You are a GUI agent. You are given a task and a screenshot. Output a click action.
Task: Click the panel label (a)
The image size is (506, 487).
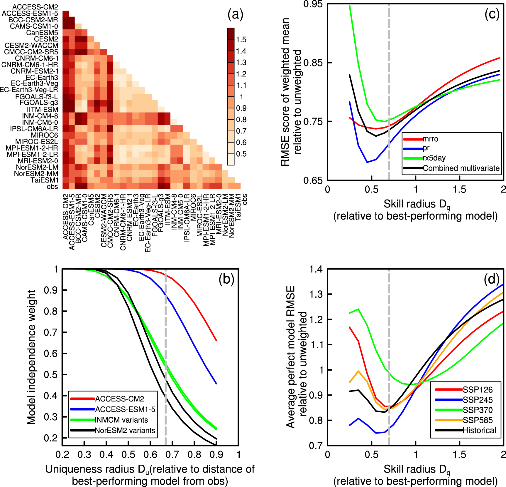click(235, 14)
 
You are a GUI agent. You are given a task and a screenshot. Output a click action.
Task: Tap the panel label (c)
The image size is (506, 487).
click(492, 14)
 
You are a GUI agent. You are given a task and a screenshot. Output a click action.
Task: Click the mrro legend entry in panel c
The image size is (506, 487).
click(430, 139)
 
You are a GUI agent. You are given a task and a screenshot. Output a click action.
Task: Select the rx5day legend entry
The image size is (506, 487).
click(434, 158)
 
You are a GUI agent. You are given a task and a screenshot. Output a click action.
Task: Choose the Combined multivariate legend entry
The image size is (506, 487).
click(461, 168)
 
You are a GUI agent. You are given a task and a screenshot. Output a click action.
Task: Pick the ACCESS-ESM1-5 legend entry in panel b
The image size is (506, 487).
click(125, 409)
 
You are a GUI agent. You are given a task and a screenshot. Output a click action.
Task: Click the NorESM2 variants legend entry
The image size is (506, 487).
click(125, 431)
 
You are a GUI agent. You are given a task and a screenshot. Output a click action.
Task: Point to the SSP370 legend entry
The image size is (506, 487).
click(478, 410)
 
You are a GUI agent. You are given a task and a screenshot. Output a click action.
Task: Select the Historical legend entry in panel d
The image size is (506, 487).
click(479, 431)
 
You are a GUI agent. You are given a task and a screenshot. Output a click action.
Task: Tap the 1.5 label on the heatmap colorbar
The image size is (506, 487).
click(241, 40)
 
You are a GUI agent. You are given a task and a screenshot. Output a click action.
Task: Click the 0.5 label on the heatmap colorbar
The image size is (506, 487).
click(241, 154)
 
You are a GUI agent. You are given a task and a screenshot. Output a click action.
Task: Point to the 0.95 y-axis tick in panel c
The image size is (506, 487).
click(313, 4)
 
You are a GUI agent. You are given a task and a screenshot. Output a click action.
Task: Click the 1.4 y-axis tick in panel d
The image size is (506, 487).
click(316, 269)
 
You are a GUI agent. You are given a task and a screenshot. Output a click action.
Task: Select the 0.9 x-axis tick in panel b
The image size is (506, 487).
click(216, 455)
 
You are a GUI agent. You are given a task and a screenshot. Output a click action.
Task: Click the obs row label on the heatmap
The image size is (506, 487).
click(52, 186)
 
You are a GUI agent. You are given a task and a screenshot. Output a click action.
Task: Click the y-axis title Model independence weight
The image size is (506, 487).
click(31, 357)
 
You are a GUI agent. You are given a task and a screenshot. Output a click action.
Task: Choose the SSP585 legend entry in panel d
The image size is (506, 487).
click(478, 420)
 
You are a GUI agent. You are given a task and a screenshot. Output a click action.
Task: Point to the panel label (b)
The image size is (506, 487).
click(226, 279)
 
